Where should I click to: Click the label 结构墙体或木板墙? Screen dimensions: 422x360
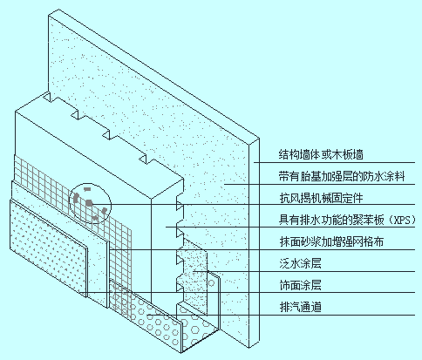tap(321, 154)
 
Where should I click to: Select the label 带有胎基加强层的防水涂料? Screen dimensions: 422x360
tap(342, 176)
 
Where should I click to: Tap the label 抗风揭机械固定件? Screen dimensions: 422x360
tap(321, 198)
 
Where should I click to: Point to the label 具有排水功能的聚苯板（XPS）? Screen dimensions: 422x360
tap(347, 220)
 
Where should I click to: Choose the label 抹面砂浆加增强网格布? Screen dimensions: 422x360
tap(331, 241)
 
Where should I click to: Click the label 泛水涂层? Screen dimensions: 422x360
tap(300, 263)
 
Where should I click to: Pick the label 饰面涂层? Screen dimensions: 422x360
tap(300, 285)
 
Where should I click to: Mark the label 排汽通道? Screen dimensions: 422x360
tap(300, 307)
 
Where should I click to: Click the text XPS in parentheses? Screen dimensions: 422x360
tap(401, 221)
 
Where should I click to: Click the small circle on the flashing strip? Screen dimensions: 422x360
tap(212, 283)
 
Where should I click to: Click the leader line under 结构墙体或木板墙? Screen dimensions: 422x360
tap(334, 162)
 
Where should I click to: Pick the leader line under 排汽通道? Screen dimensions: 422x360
tap(281, 315)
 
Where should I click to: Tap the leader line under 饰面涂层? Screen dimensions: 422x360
tap(248, 293)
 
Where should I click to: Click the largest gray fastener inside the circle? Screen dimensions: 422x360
tap(89, 202)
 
